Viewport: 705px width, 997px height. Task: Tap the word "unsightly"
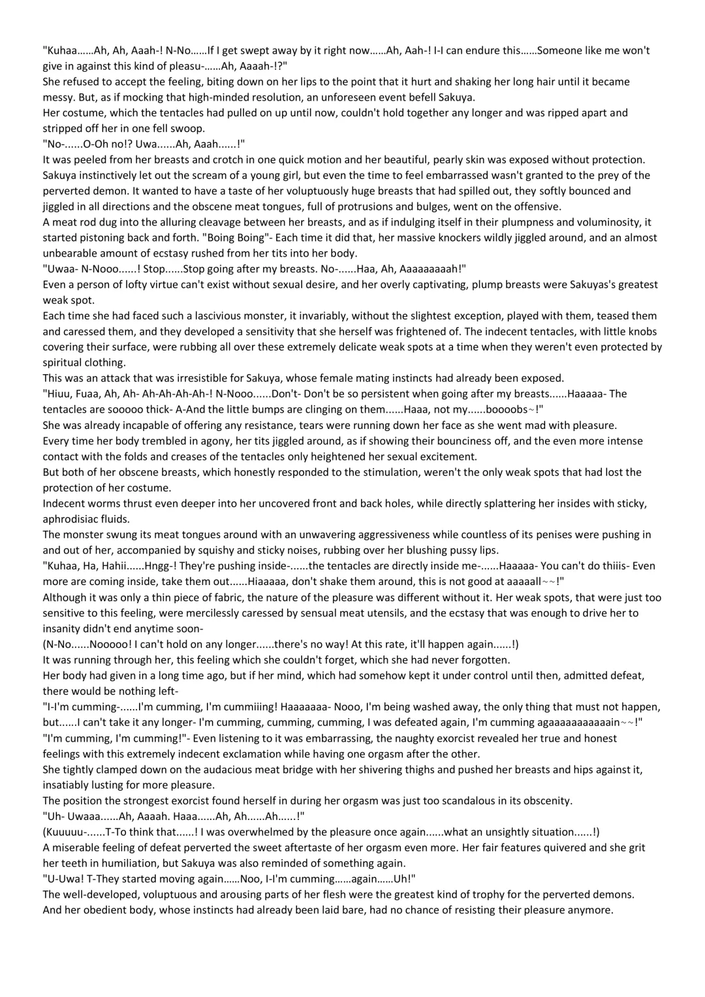coord(505,832)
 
